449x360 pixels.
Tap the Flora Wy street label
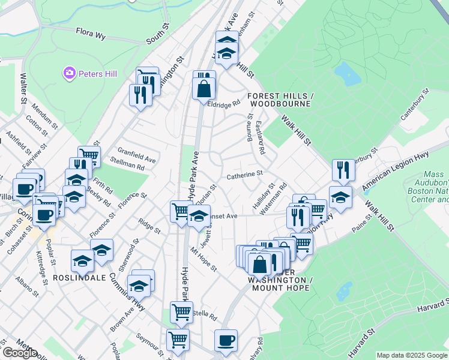click(x=91, y=34)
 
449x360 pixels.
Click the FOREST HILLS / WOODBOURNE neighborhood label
click(x=280, y=100)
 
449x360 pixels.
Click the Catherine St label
click(x=245, y=175)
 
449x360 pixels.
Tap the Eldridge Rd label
click(x=223, y=103)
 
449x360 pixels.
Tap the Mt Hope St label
click(x=202, y=259)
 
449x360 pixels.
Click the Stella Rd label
click(x=203, y=313)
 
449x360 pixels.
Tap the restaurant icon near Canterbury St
click(x=343, y=170)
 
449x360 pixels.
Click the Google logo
click(x=19, y=353)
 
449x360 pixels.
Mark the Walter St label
click(x=24, y=88)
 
